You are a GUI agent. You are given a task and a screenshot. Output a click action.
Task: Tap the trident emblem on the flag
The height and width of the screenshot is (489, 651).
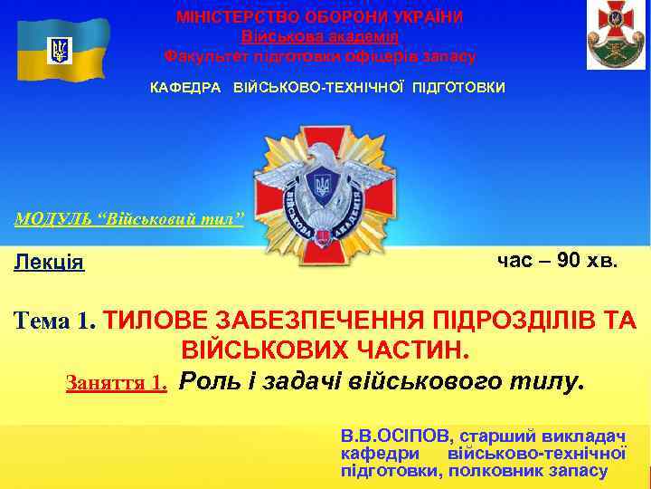tap(61, 50)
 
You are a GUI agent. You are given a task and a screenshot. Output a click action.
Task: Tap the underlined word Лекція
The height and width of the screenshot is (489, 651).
tap(49, 263)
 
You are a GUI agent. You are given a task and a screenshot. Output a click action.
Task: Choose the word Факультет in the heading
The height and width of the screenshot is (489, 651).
tap(203, 56)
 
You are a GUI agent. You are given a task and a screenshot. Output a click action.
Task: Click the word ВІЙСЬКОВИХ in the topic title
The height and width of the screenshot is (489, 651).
tap(255, 350)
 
